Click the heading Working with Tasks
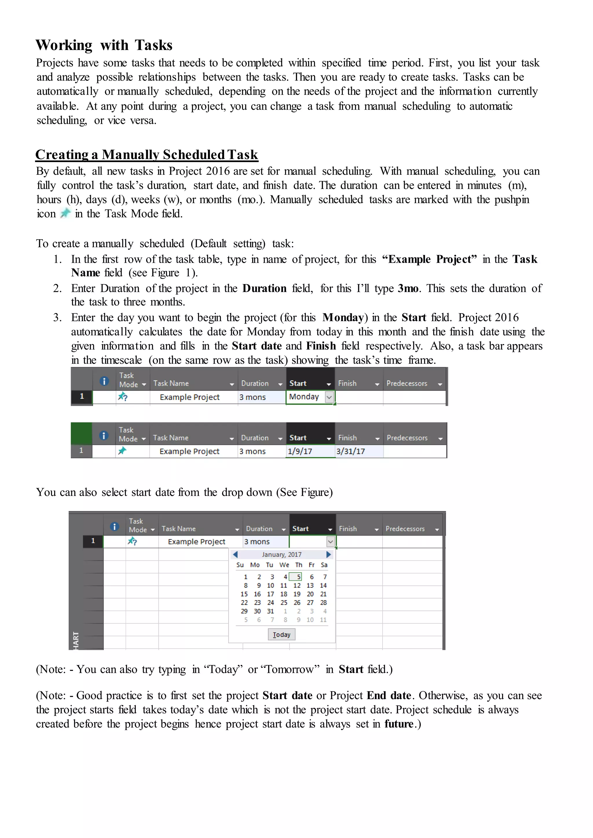pos(104,45)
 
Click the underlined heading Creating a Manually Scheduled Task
pos(147,155)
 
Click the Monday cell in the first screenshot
pos(304,397)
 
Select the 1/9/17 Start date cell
pos(300,451)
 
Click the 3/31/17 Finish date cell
pos(351,451)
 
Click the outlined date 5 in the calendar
pos(298,577)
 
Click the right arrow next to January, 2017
pos(328,555)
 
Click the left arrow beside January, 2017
pos(235,555)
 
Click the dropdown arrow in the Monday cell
pos(329,397)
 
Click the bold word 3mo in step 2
pos(408,288)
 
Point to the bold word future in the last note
pos(399,724)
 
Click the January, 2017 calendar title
pos(281,555)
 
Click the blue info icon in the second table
pos(104,435)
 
